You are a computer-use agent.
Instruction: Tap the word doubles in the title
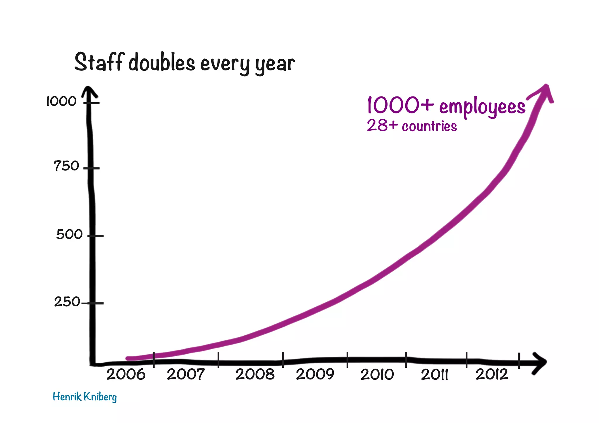(x=162, y=63)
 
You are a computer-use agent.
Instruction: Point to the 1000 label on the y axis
(x=61, y=101)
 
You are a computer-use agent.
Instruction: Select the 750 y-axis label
(x=66, y=166)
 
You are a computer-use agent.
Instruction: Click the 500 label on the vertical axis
(x=69, y=234)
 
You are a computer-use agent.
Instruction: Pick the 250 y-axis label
(x=67, y=302)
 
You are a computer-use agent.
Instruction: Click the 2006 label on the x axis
(x=126, y=374)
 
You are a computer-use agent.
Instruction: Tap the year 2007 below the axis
(x=186, y=374)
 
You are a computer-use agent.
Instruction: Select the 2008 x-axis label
(x=255, y=374)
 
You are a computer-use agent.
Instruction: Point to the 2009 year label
(x=315, y=374)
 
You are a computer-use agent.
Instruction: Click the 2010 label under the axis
(x=377, y=375)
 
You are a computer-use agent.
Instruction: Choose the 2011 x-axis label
(x=434, y=375)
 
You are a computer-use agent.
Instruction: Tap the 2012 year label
(x=492, y=374)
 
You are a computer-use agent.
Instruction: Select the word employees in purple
(x=482, y=107)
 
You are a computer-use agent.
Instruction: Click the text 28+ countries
(x=412, y=126)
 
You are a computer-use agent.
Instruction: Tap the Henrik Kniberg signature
(x=85, y=397)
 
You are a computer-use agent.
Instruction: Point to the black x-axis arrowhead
(x=539, y=363)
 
